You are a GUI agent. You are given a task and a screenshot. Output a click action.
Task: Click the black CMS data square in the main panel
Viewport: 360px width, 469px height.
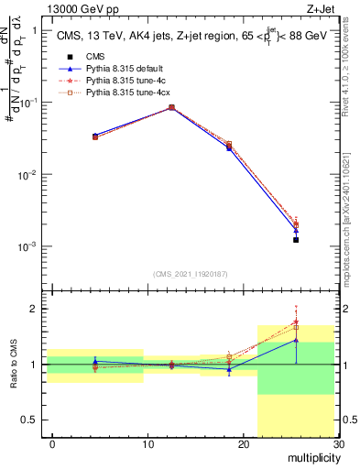tap(296, 240)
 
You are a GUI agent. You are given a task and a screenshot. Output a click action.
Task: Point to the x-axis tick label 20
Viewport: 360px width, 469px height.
tap(243, 443)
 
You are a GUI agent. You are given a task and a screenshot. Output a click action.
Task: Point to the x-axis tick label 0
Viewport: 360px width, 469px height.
tap(52, 443)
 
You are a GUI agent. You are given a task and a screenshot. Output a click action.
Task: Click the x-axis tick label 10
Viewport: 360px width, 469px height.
tap(147, 443)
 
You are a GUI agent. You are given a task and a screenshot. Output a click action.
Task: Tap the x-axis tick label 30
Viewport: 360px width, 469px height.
tap(338, 443)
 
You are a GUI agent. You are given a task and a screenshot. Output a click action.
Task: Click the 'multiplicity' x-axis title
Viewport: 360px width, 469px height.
tap(311, 456)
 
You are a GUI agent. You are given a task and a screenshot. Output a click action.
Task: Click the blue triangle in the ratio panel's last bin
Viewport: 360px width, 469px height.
tap(296, 340)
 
